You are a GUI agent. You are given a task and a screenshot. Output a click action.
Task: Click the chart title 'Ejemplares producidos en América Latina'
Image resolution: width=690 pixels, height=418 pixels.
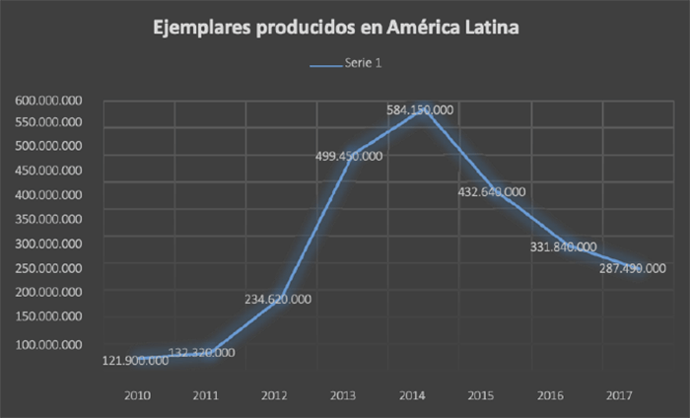coord(335,31)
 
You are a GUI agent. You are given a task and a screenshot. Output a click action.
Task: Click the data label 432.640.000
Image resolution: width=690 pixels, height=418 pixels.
coord(490,192)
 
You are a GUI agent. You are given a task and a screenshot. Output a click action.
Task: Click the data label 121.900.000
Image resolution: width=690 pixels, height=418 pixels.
coord(135,361)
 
